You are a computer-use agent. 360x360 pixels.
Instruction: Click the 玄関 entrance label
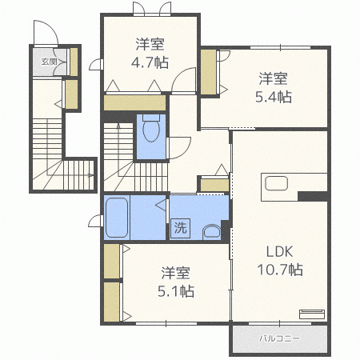[50, 62]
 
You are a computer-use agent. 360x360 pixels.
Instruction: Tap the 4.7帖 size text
[150, 62]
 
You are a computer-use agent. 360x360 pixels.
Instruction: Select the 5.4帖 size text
[274, 97]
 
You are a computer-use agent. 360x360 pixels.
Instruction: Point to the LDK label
[280, 251]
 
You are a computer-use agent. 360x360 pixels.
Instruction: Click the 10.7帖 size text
[280, 270]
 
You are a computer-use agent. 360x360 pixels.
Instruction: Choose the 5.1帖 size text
[176, 291]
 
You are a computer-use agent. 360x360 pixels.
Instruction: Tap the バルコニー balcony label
[280, 338]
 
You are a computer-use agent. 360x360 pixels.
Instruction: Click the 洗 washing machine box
[181, 228]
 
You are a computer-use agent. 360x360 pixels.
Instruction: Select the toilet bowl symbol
[151, 128]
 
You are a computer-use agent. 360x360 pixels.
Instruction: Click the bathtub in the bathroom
[117, 218]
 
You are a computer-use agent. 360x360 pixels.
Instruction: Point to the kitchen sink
[276, 183]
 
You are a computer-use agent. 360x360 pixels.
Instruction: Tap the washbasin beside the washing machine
[212, 232]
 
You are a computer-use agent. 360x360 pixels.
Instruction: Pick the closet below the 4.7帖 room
[134, 102]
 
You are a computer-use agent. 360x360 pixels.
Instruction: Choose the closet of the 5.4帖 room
[209, 72]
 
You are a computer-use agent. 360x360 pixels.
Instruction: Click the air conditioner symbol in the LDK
[312, 314]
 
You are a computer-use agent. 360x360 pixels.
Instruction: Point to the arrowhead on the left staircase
[91, 175]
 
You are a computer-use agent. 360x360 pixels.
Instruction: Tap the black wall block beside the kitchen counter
[313, 196]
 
